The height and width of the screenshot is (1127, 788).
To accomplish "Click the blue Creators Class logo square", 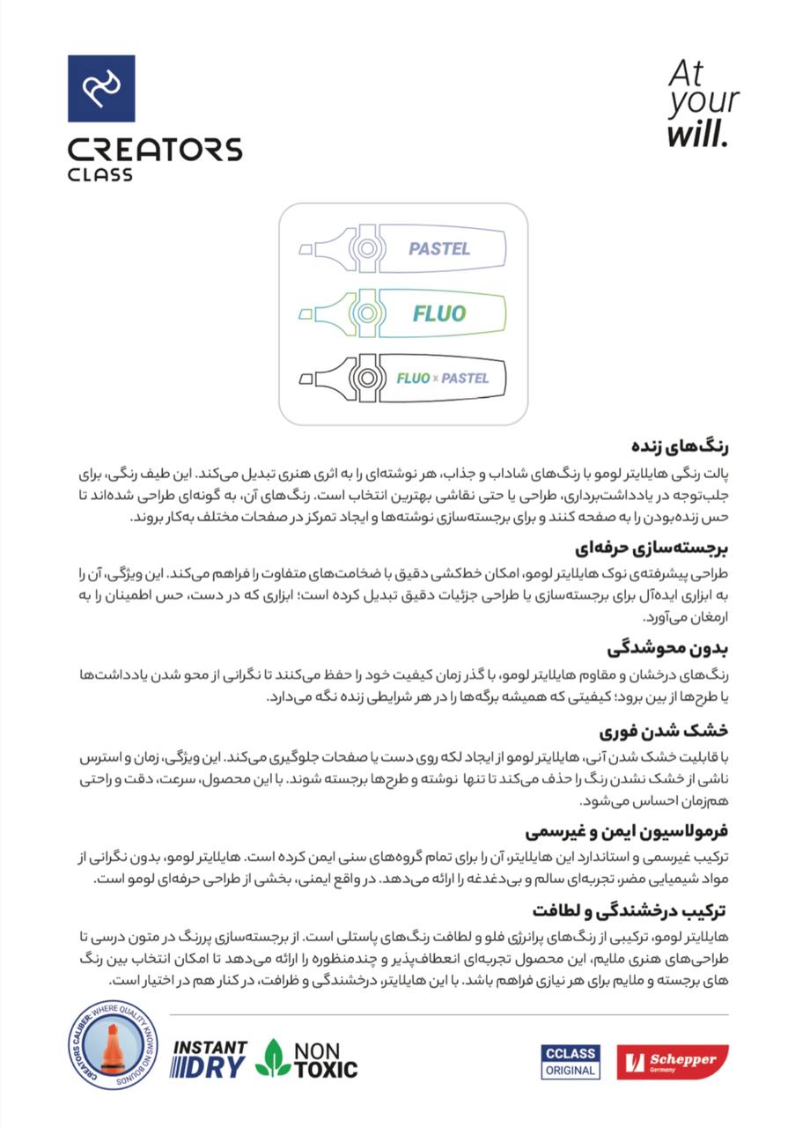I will pos(101,88).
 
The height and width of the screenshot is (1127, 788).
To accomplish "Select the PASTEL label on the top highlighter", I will pos(439,248).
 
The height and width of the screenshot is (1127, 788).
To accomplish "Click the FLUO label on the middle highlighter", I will pos(439,313).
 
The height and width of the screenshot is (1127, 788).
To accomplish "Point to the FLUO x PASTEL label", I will pos(442,379).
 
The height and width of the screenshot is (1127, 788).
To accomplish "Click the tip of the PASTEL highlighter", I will pos(306,250).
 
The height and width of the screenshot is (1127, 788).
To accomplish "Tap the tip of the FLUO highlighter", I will pos(306,314).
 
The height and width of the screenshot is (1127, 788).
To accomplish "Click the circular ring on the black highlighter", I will pos(365,379).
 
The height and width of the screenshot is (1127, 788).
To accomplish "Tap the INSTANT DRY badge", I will pos(209,1058).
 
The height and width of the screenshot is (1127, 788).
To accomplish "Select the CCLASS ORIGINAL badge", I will pos(571,1062).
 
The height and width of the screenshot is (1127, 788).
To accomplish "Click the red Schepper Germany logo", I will pos(673,1062).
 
